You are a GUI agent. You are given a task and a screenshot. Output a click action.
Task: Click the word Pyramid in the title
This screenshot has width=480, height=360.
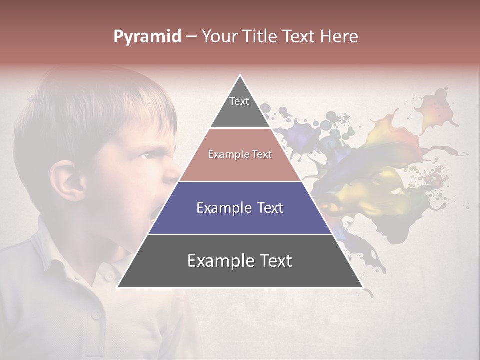coord(147,37)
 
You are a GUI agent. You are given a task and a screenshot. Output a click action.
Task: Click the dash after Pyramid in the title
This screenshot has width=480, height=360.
coord(191,37)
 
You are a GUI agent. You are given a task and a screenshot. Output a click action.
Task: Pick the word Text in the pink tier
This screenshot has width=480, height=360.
coord(261,155)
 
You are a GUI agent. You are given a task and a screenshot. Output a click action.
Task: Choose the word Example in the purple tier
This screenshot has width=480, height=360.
coord(225,208)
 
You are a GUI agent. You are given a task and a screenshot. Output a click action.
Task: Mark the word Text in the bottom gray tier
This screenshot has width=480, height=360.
coord(275,261)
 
